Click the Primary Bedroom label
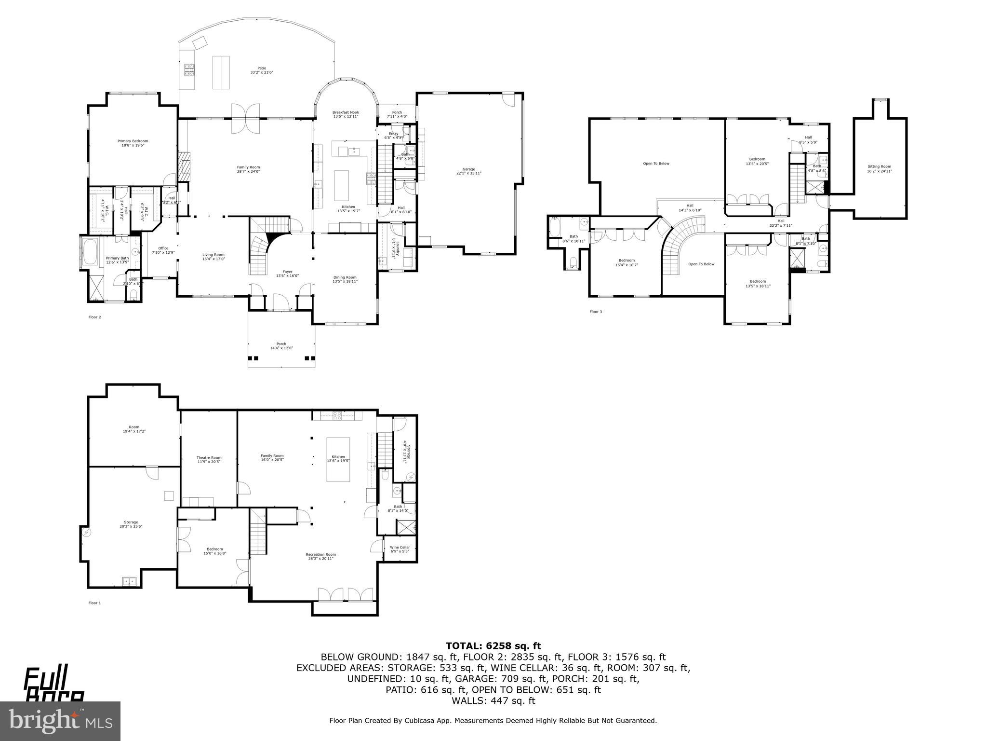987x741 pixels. pos(133,141)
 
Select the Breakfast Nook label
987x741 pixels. pos(346,112)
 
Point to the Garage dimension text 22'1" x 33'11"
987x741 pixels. pos(468,173)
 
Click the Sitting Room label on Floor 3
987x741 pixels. pos(879,166)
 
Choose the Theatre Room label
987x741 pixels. pos(209,458)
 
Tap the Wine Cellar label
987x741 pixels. pos(400,547)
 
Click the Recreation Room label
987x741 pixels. pos(320,554)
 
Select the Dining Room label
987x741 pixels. pos(345,277)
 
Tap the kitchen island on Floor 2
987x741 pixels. pos(342,185)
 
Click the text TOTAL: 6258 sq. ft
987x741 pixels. pos(493,646)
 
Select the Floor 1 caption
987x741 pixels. pos(95,603)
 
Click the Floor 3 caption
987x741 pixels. pos(596,312)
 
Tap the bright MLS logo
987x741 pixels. pos(60,721)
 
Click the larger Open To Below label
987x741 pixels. pos(656,164)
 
